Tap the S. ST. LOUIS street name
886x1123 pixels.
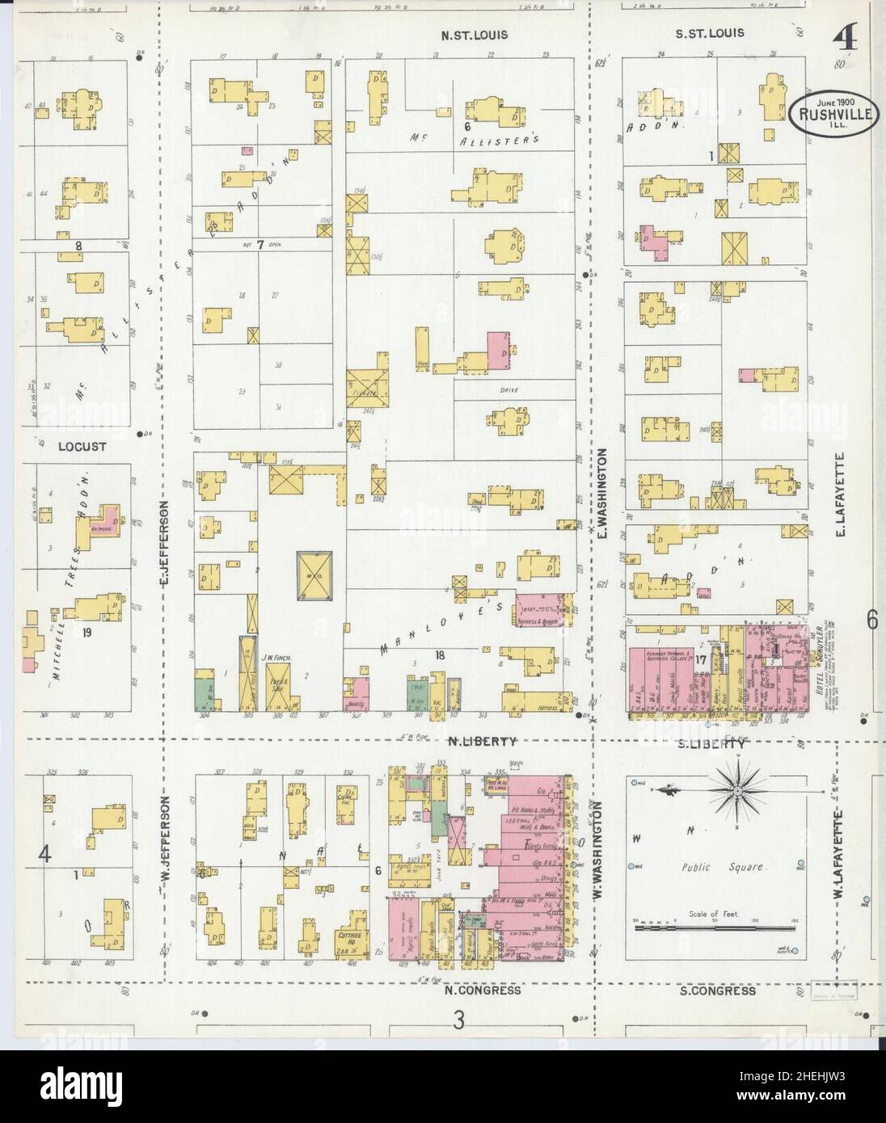pyautogui.click(x=710, y=34)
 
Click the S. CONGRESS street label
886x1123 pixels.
pyautogui.click(x=714, y=991)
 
